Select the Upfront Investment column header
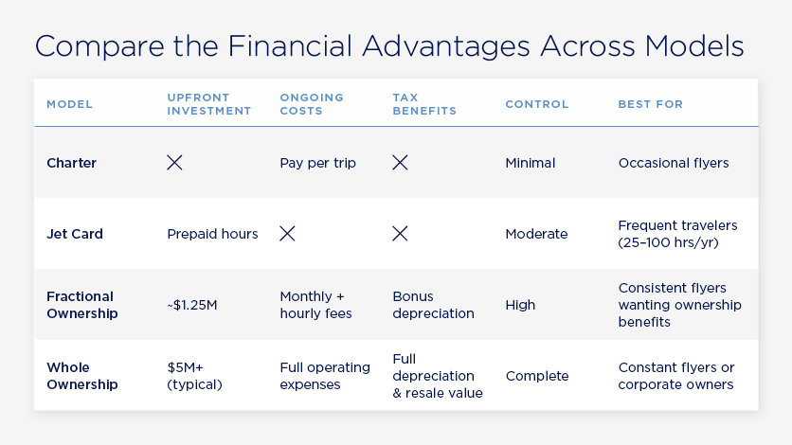click(208, 104)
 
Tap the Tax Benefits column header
click(424, 104)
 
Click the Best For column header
click(650, 104)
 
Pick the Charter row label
click(71, 163)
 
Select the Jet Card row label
click(75, 234)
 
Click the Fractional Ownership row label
click(81, 305)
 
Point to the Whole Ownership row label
click(81, 376)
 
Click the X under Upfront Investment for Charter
click(174, 163)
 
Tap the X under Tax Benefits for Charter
click(400, 163)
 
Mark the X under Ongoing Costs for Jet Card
click(287, 234)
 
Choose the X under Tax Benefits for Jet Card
click(400, 234)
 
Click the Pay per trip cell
click(317, 163)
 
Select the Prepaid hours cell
click(212, 234)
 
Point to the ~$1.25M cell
click(191, 305)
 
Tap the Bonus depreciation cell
click(433, 305)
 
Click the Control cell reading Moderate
click(536, 234)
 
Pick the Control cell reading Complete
click(537, 376)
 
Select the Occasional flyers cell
click(673, 163)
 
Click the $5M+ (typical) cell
click(195, 376)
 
